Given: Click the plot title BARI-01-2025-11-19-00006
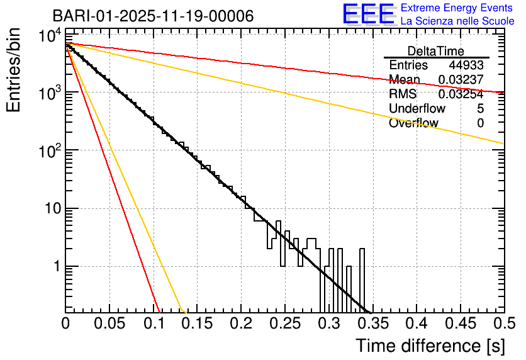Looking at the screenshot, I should [153, 16].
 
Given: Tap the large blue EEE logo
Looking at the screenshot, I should [368, 14].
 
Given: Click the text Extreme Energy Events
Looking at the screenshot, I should [457, 8].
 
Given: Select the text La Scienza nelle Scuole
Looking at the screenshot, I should [457, 21].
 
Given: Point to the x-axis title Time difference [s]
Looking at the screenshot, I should [430, 346].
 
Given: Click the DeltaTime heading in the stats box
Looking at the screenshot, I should [436, 51].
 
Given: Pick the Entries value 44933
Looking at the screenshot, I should [466, 65].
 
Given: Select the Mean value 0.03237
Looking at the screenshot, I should [461, 80].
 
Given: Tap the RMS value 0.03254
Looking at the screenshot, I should [461, 94].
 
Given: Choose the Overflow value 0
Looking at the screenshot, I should [480, 123].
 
